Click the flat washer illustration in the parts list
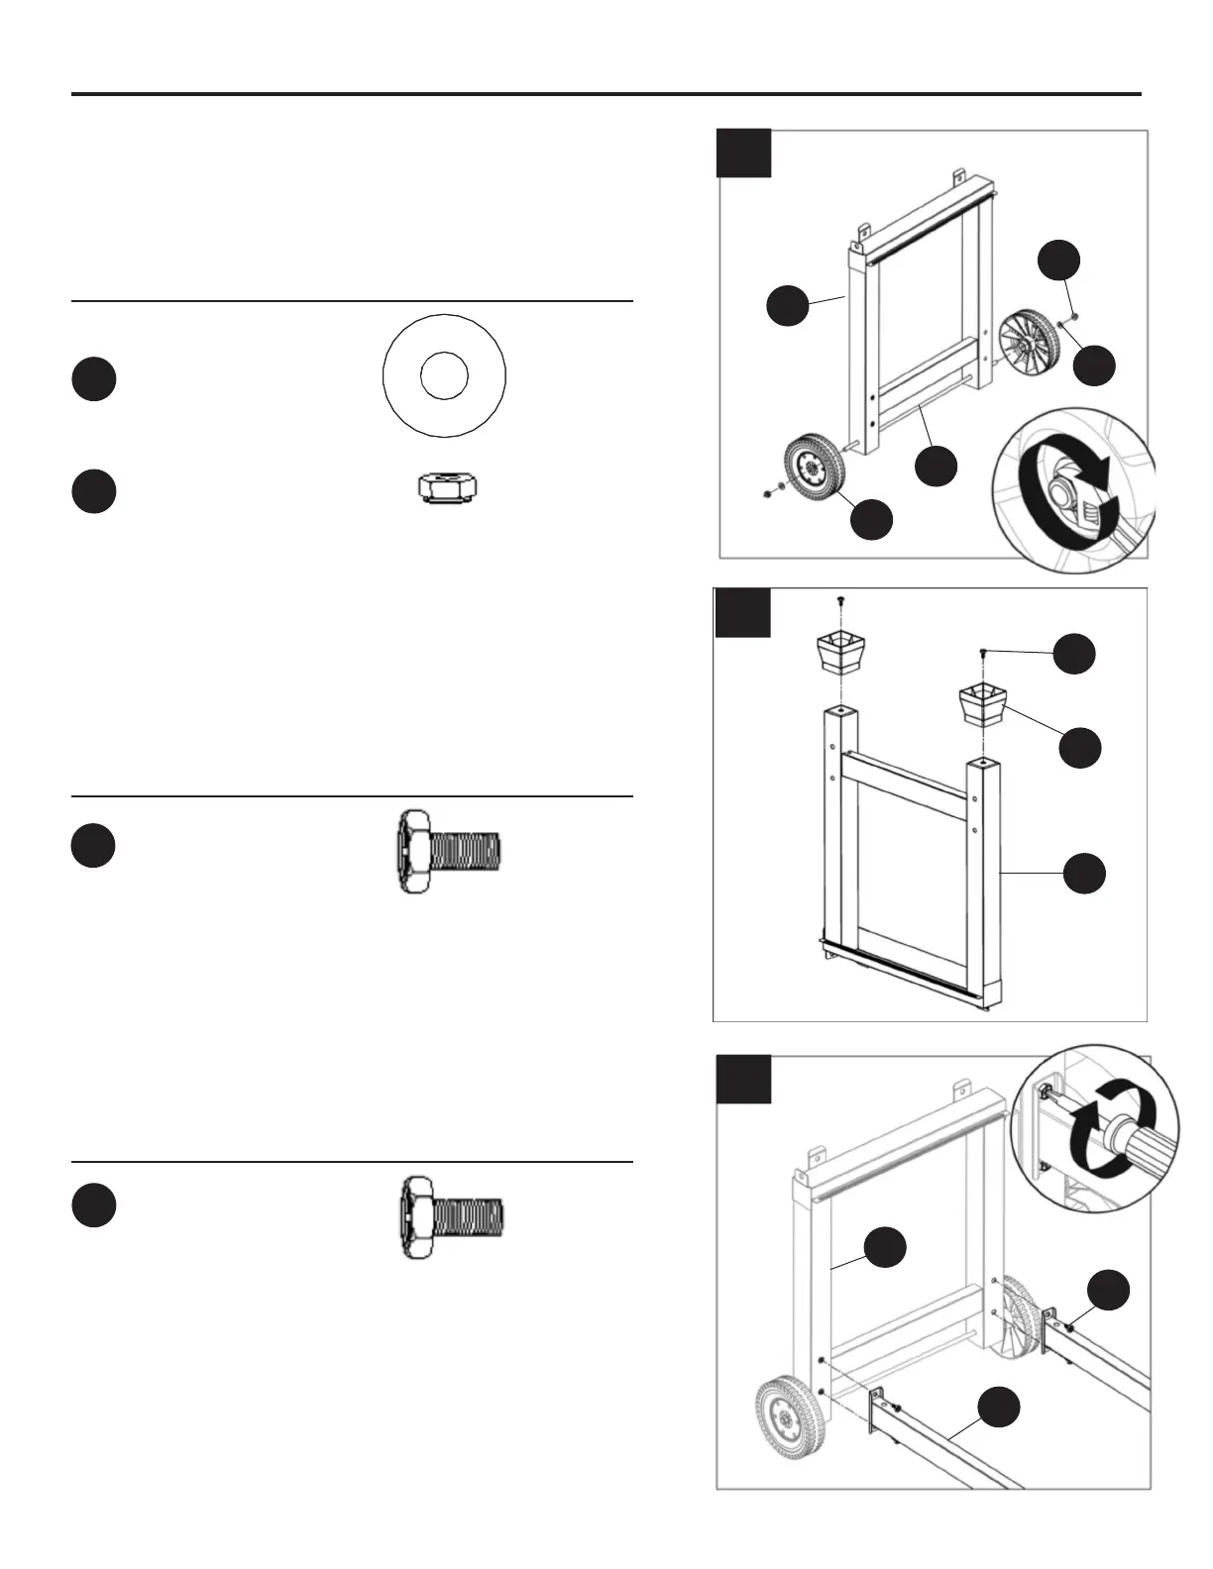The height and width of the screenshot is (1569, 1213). (444, 375)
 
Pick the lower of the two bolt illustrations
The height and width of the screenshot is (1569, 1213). (452, 1217)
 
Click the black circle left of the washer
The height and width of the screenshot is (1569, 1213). (93, 379)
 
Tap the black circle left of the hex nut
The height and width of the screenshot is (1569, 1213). (93, 491)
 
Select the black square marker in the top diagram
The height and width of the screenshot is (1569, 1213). (743, 153)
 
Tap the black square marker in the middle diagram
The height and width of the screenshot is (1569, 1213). (742, 612)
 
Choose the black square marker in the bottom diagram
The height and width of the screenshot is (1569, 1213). (743, 1079)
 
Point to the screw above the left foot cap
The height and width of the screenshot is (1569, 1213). (840, 601)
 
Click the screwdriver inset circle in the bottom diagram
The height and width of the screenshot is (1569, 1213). (1093, 1126)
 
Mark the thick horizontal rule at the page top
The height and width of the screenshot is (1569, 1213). (606, 94)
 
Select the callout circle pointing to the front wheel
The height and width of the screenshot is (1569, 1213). (872, 520)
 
